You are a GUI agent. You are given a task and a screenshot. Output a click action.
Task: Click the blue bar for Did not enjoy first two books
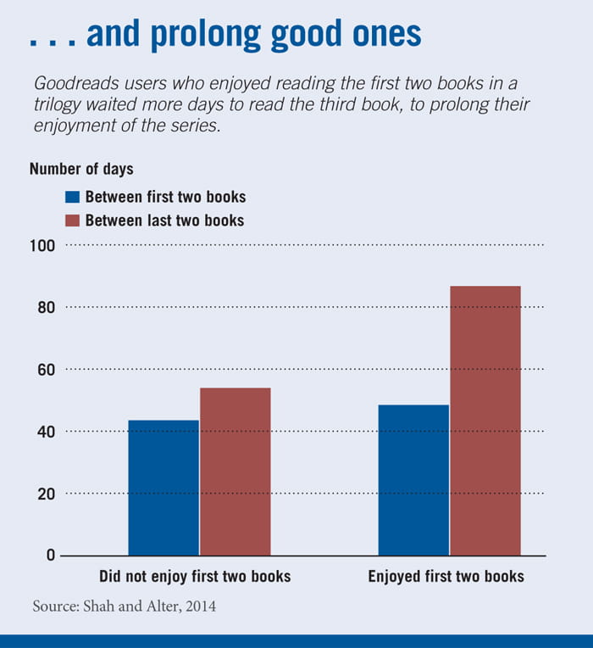(163, 488)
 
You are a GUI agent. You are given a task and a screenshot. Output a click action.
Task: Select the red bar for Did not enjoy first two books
(236, 472)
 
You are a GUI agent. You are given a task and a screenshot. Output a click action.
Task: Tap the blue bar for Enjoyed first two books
(413, 480)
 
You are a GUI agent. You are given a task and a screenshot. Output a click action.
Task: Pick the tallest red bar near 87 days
(485, 421)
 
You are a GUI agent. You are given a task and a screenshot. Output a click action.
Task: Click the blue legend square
(72, 197)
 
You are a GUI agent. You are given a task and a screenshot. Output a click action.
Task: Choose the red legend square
(72, 221)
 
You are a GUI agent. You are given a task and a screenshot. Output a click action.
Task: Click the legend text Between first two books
(165, 197)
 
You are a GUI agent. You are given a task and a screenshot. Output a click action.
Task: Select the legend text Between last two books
(164, 221)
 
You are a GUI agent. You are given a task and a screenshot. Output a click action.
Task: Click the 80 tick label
(46, 307)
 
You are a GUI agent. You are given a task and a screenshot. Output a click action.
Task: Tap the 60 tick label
(46, 370)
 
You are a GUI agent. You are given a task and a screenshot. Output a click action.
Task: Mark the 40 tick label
(46, 432)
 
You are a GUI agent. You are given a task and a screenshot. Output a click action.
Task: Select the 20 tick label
(46, 494)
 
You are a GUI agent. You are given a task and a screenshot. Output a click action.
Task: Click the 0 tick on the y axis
(50, 556)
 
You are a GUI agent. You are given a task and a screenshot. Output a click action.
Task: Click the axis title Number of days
(81, 169)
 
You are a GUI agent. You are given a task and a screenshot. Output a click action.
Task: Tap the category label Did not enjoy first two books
(195, 577)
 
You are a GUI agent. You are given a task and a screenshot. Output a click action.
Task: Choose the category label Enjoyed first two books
(446, 577)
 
